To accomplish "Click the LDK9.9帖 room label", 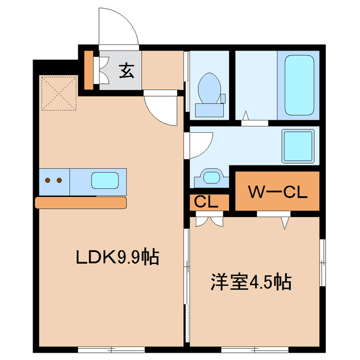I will (x=118, y=258).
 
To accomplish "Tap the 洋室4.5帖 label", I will (x=251, y=281).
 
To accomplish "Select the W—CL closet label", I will (x=278, y=192).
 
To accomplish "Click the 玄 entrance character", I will (x=127, y=71).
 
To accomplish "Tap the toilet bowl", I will (x=210, y=88).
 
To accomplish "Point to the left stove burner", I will (x=48, y=181).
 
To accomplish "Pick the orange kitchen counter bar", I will (x=81, y=202).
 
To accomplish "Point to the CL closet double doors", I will (x=208, y=220).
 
